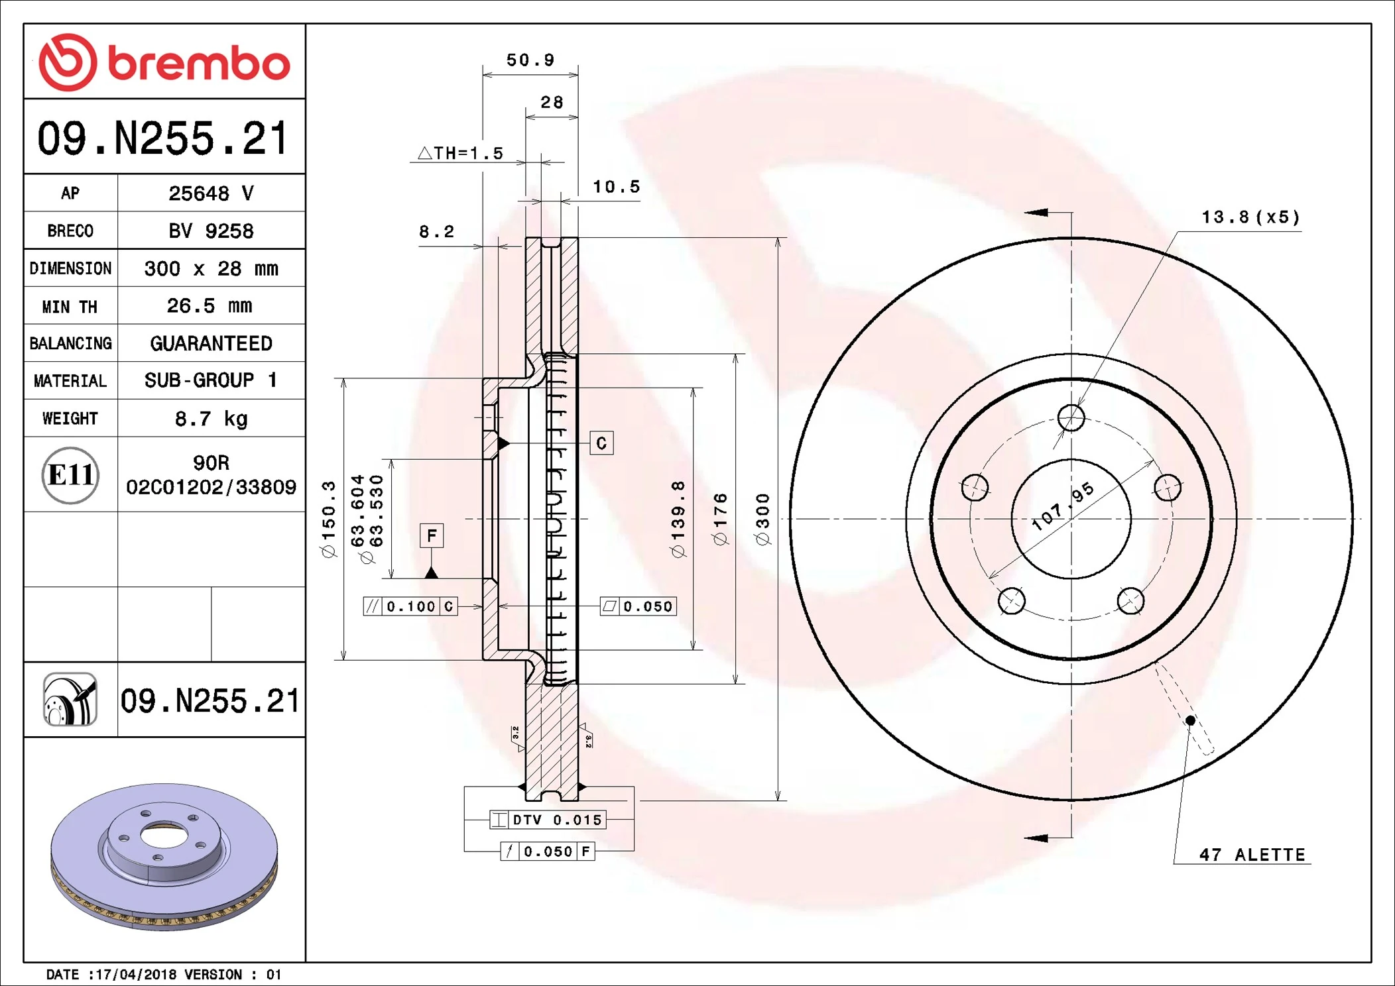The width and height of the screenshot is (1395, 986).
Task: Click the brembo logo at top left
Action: (x=164, y=62)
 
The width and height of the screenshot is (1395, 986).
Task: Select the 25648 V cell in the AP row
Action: (x=211, y=193)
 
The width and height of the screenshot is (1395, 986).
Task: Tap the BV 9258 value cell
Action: (x=211, y=231)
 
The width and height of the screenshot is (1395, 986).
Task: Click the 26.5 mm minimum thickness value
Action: (x=210, y=305)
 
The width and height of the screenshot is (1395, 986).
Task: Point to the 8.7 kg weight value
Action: (x=211, y=418)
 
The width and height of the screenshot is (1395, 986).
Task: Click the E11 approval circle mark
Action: (x=70, y=475)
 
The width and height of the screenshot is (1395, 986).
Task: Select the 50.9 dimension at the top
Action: (x=530, y=60)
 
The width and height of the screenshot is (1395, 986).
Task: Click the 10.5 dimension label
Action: (x=616, y=187)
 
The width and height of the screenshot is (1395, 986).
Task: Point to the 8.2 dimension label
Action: (x=436, y=231)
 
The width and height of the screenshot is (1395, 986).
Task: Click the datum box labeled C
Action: (x=601, y=443)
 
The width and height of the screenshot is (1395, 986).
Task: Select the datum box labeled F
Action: (x=432, y=535)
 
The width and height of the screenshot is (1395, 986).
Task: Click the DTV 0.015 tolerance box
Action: (x=548, y=820)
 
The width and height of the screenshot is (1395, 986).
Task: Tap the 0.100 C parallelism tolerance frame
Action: (x=410, y=606)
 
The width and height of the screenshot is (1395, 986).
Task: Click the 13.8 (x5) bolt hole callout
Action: (x=1250, y=217)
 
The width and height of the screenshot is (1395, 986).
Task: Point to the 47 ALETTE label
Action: (x=1252, y=855)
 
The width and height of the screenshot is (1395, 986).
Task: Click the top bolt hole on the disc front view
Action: (x=1071, y=418)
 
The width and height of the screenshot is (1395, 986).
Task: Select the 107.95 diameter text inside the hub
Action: (x=1063, y=507)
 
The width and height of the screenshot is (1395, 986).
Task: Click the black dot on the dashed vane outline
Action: (x=1190, y=720)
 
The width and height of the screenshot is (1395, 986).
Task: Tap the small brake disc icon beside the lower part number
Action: (x=70, y=700)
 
